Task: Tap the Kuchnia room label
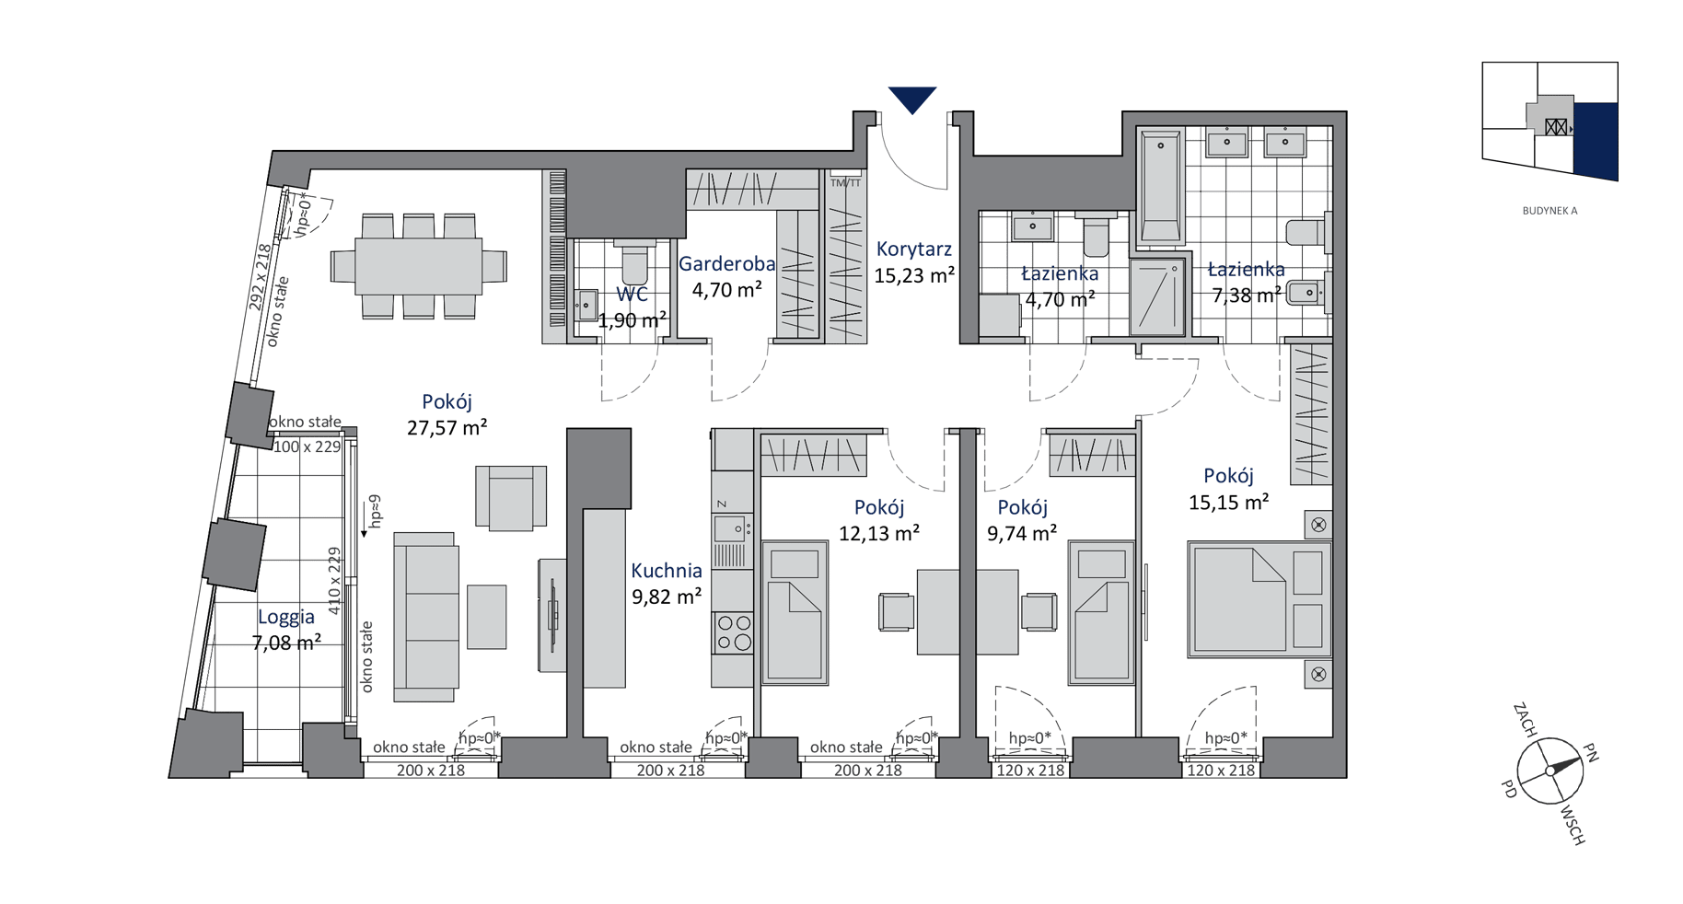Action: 667,571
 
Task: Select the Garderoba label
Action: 727,264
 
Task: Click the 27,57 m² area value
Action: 447,427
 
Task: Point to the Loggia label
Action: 286,618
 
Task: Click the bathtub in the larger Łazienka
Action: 1161,189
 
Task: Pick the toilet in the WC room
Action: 634,261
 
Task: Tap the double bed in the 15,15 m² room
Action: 1259,599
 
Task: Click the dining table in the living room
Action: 419,266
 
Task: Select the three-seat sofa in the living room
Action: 426,617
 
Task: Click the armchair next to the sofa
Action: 511,498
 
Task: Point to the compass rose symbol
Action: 1550,771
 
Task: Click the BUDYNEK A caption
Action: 1550,211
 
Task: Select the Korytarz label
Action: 914,249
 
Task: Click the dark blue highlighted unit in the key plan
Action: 1596,140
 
